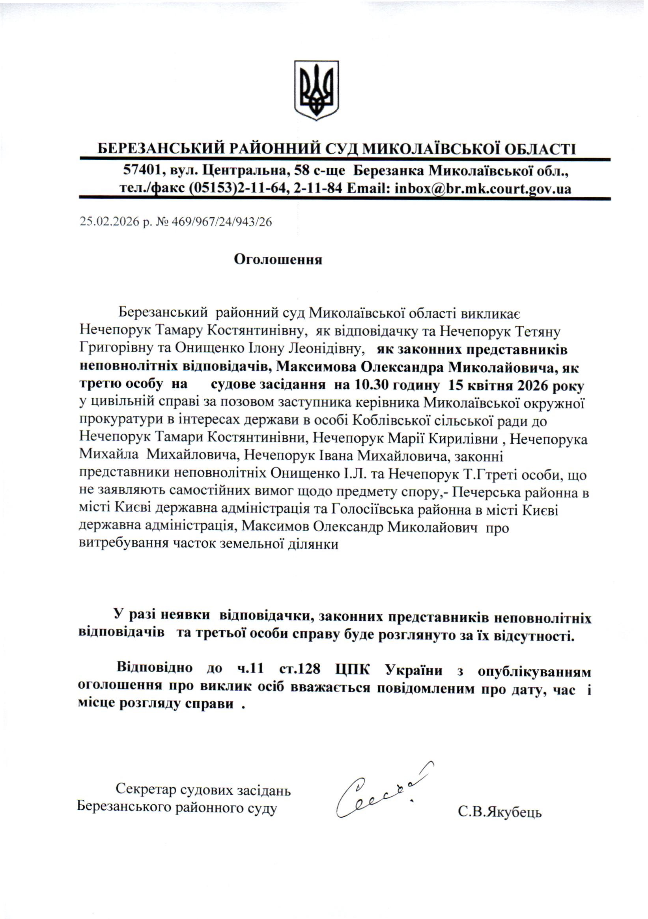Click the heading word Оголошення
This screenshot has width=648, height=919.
tap(278, 260)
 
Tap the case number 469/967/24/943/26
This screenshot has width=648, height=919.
tap(221, 222)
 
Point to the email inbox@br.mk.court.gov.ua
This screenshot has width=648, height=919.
tap(483, 188)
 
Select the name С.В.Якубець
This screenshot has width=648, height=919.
tap(500, 813)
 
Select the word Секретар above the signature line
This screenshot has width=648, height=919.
tap(146, 790)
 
